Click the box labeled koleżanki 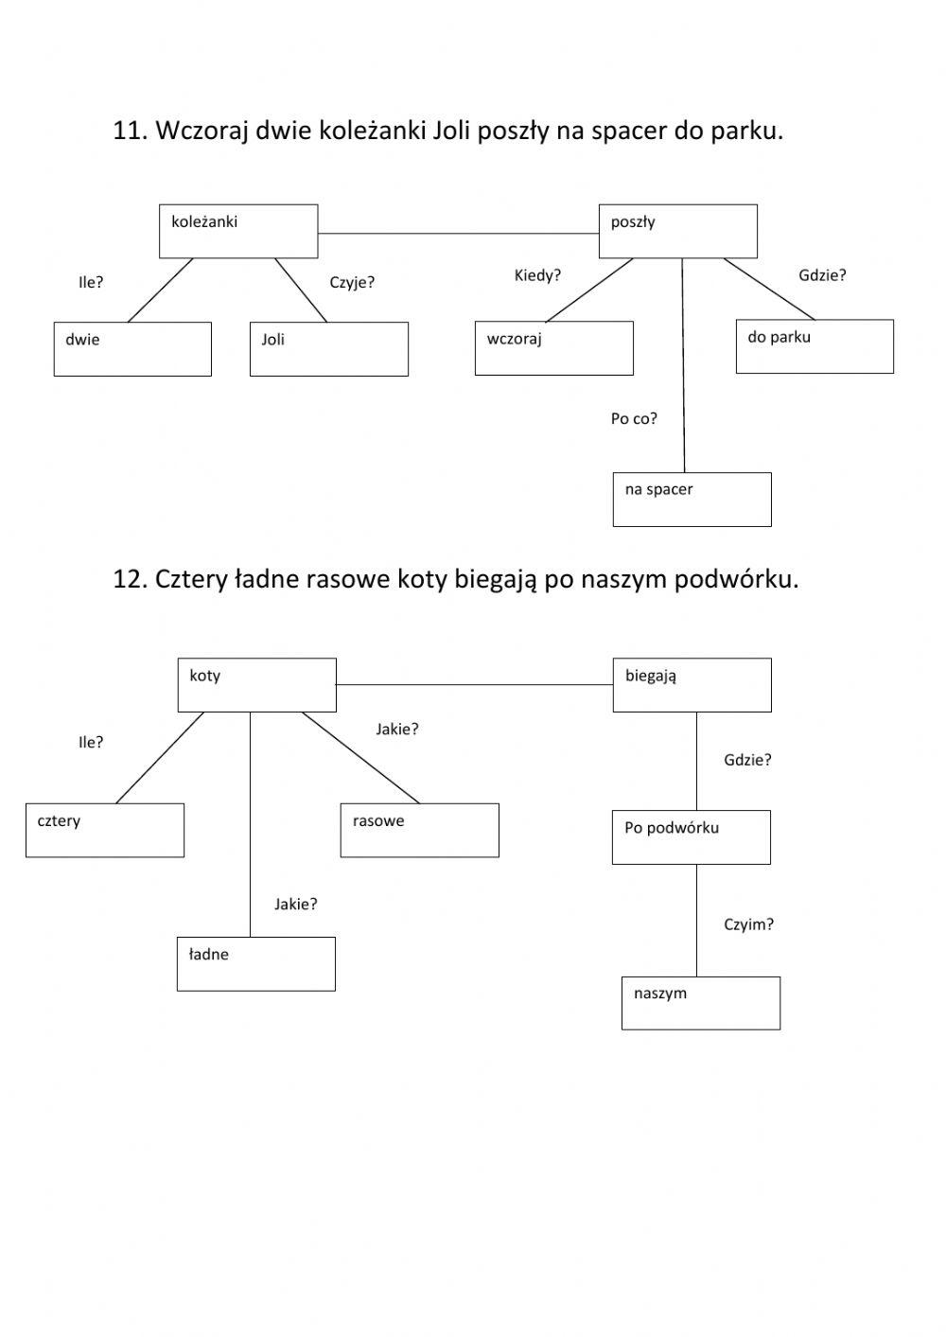237,231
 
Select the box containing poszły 677,231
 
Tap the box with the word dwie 132,349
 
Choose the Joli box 328,349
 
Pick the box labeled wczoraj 553,348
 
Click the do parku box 815,346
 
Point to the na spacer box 692,500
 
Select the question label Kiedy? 537,275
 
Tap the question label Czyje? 352,282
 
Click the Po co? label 634,418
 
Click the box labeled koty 256,685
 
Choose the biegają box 692,685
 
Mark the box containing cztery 104,830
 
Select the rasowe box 419,830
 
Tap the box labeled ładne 255,963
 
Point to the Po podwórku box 691,836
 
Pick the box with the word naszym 700,1003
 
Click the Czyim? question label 748,924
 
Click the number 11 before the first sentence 127,131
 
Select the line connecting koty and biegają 473,684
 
